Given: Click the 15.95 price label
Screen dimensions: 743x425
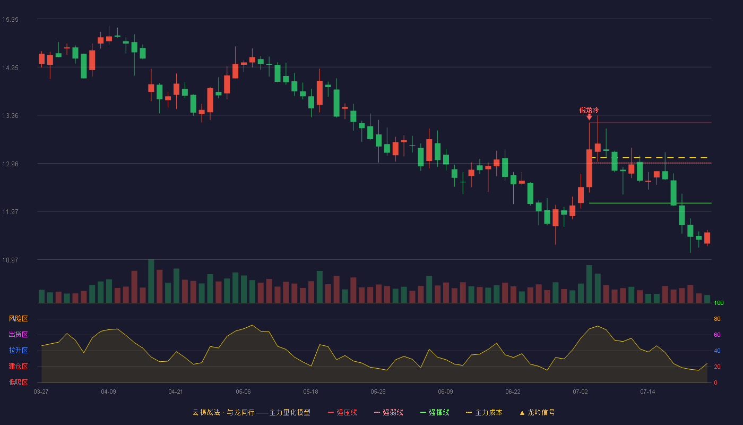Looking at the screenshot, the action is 10,20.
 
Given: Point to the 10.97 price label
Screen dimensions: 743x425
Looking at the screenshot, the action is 10,260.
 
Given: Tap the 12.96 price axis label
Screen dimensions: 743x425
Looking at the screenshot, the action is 10,164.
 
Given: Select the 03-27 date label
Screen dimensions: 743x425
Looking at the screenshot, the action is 41,392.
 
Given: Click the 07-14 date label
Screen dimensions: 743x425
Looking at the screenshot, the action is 647,392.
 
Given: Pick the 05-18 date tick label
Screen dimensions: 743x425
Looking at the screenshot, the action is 310,392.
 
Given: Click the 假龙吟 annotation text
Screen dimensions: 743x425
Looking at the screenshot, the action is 589,110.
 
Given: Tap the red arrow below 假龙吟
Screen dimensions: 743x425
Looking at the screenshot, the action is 589,117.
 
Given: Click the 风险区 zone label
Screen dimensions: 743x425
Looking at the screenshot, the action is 18,319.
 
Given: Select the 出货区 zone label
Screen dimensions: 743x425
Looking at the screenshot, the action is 18,334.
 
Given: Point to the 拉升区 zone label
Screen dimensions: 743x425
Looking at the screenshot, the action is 18,350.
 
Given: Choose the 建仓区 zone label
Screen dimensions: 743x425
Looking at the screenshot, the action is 18,366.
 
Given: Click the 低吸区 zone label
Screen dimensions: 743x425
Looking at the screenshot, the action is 18,382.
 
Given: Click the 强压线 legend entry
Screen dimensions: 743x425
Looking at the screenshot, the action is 342,412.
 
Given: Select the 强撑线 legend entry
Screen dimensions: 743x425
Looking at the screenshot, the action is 435,412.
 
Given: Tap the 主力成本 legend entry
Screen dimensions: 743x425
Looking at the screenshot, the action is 484,412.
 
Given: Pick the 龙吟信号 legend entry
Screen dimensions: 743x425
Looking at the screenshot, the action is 537,412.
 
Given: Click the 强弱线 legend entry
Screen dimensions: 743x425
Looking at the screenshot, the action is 388,412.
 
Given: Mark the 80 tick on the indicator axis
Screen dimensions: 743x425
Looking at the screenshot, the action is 717,319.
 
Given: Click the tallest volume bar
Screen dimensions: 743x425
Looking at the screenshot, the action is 151,281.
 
